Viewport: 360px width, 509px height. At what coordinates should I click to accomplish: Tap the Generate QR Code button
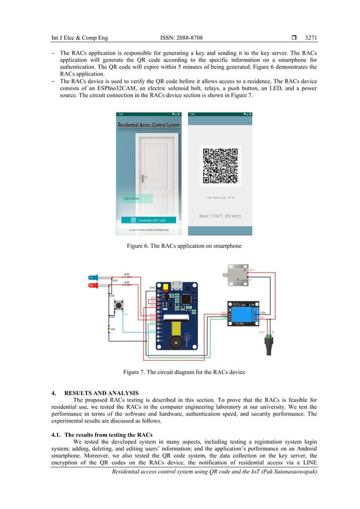click(x=148, y=220)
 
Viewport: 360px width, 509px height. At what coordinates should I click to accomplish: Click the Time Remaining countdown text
click(x=220, y=198)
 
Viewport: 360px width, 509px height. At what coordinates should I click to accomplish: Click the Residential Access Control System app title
click(x=148, y=125)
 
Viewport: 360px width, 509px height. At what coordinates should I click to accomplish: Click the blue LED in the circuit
click(x=93, y=277)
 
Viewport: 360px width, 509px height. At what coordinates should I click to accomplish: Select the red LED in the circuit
click(x=93, y=286)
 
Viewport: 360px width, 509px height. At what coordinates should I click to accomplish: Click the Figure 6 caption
click(x=179, y=246)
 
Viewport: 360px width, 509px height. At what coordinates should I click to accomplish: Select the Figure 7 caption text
click(x=179, y=371)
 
